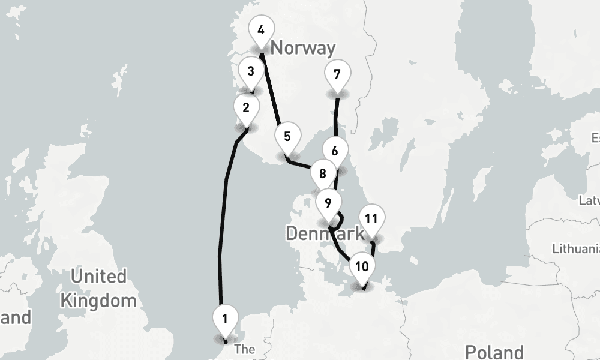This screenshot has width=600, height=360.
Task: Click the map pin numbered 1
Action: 225,319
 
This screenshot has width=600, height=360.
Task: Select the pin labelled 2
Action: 246,109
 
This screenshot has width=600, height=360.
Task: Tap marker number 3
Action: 251,71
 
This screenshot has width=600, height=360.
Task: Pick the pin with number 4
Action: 260,31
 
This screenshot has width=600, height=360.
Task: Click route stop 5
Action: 287,137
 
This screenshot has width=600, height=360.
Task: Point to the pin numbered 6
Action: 335,152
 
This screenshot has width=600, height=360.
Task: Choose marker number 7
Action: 337,75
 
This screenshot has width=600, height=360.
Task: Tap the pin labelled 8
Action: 323,175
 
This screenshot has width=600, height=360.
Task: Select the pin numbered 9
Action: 328,203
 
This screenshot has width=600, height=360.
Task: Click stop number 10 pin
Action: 362,267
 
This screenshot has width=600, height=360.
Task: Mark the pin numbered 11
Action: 371,219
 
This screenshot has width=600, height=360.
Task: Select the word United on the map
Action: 98,277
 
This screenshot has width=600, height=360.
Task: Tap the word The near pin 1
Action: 245,349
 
